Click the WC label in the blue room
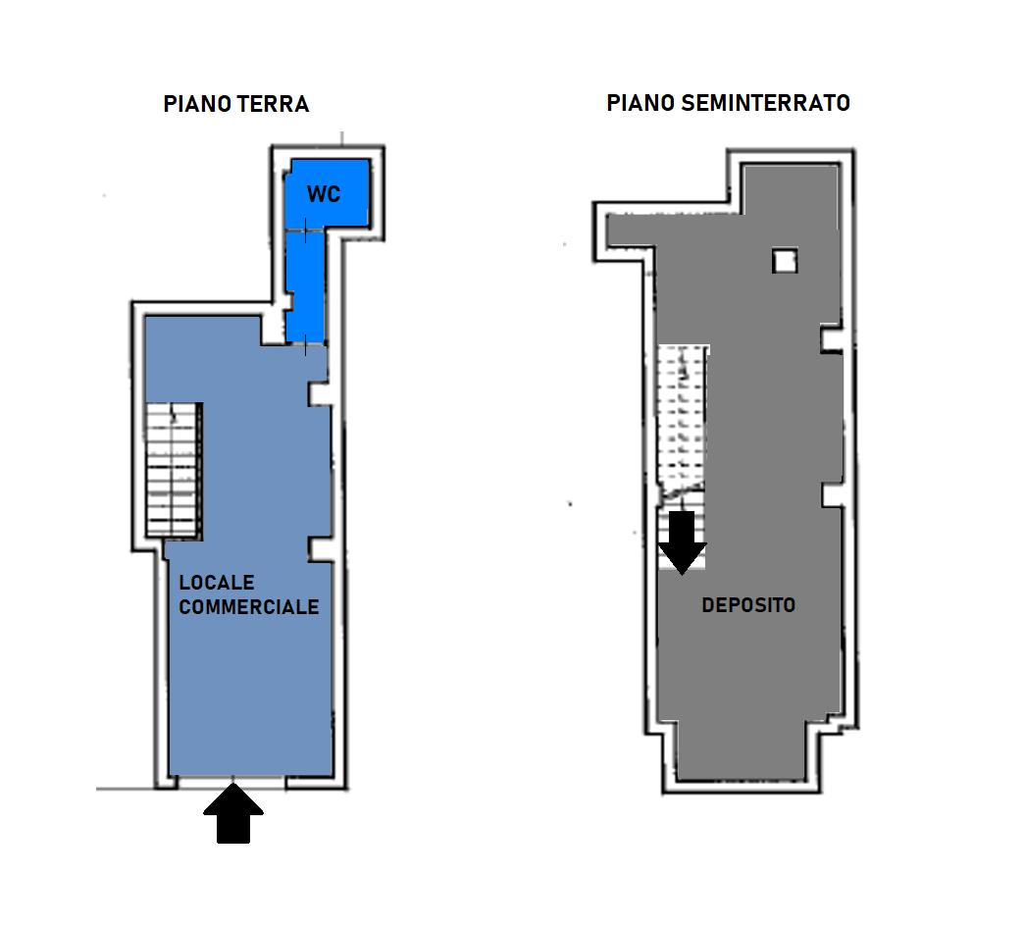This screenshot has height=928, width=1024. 324,194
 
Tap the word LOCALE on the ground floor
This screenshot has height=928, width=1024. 217,582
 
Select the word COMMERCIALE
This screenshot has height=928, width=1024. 249,606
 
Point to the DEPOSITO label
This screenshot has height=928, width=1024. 748,604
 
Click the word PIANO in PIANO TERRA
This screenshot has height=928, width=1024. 197,104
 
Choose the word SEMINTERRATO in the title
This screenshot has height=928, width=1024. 765,103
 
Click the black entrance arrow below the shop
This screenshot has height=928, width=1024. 233,813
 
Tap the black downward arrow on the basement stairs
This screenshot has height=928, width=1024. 683,542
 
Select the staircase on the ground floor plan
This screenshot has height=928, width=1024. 173,470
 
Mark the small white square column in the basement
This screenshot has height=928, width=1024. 785,261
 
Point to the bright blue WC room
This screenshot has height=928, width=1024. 328,193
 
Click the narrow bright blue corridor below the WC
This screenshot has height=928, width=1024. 304,287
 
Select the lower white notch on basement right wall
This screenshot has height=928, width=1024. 832,495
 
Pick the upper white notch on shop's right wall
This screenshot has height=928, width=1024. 320,393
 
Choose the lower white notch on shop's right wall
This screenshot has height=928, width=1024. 320,549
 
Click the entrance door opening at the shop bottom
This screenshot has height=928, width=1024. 231,780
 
